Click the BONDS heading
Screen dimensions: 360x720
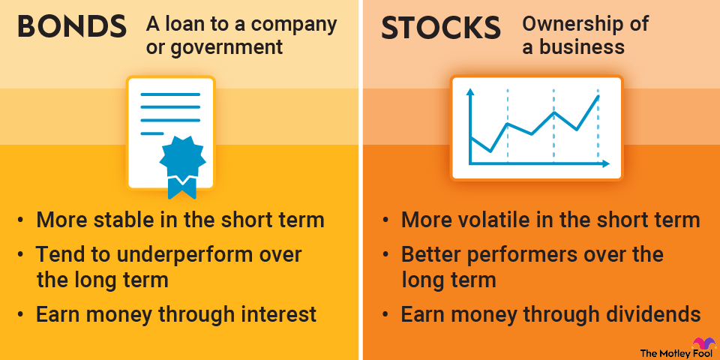[x=72, y=27]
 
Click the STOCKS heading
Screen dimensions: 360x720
[x=441, y=27]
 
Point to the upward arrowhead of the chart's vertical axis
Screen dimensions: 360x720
[x=470, y=92]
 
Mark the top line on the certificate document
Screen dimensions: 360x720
[x=171, y=95]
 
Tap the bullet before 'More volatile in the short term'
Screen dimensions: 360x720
[x=385, y=220]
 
